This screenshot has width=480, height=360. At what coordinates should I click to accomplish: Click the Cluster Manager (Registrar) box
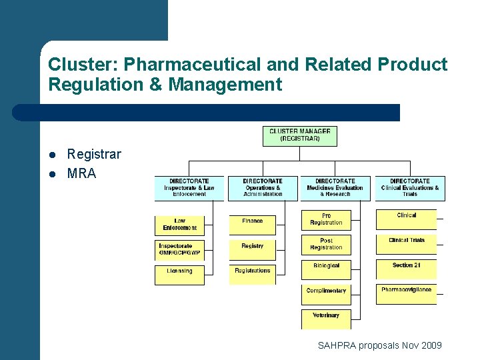pyautogui.click(x=299, y=135)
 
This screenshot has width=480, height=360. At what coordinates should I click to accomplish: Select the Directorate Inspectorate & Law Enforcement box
pyautogui.click(x=189, y=187)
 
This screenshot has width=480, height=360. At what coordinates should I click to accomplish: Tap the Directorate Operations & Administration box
pyautogui.click(x=263, y=187)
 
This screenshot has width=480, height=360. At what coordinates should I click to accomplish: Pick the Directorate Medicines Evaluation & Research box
pyautogui.click(x=335, y=187)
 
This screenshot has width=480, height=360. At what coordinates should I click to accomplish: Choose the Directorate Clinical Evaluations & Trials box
pyautogui.click(x=409, y=187)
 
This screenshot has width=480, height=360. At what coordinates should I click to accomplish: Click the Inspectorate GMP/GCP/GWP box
pyautogui.click(x=179, y=250)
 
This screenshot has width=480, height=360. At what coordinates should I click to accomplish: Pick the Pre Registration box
pyautogui.click(x=326, y=219)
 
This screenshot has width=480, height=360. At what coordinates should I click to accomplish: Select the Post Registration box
pyautogui.click(x=326, y=244)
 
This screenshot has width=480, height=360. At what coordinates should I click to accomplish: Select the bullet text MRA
pyautogui.click(x=82, y=173)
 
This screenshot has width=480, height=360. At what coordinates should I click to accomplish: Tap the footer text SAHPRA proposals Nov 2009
pyautogui.click(x=379, y=345)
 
